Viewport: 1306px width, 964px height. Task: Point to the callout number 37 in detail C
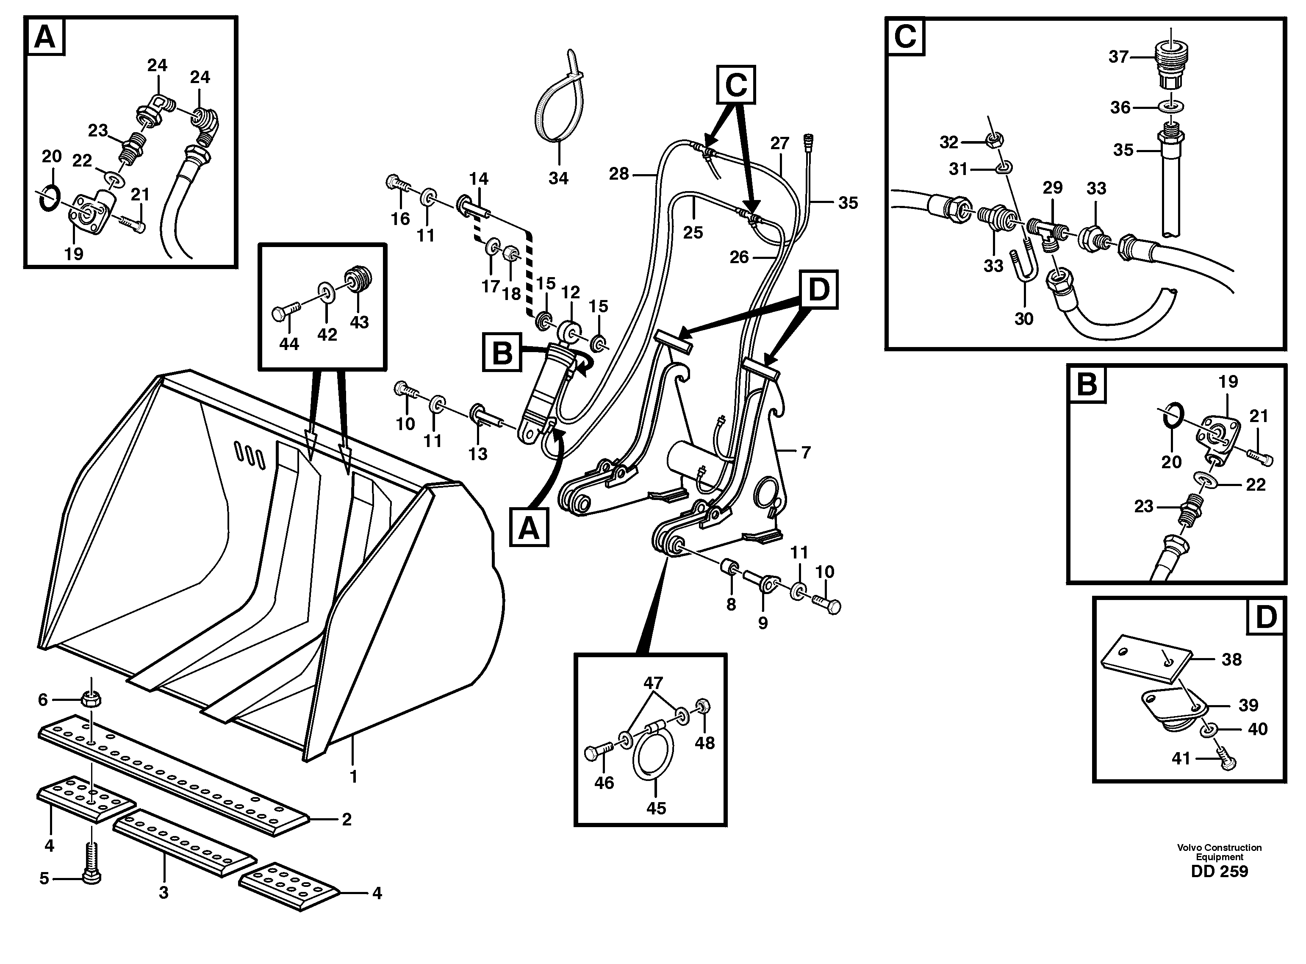coord(1118,57)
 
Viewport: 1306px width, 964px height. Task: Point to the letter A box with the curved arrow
coord(529,528)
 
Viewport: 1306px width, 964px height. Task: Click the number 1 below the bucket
coord(353,777)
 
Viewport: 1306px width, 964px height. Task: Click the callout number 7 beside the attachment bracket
coord(806,452)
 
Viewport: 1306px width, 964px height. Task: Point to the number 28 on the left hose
coord(619,173)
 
